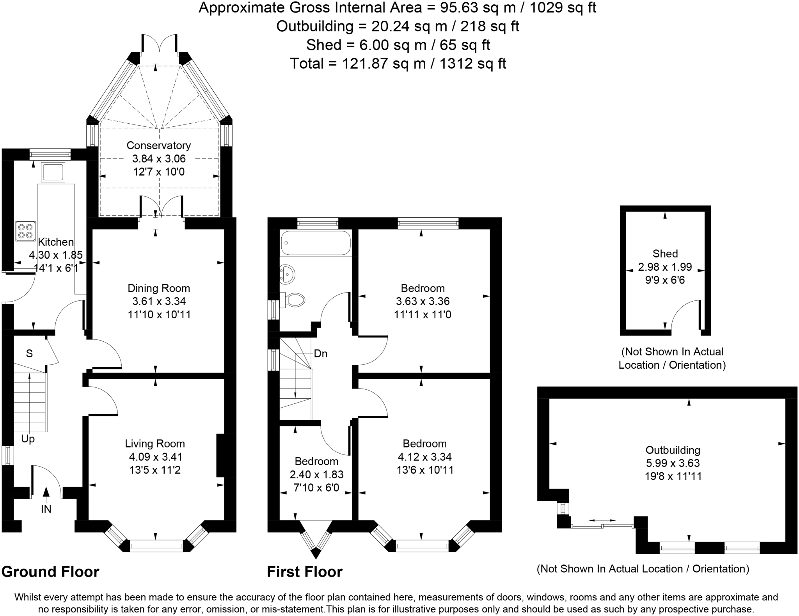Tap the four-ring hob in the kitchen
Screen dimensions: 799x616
click(x=25, y=231)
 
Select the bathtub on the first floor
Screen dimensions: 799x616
click(x=315, y=243)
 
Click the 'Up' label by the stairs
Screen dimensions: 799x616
click(x=28, y=439)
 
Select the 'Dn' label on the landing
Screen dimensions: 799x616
click(x=321, y=354)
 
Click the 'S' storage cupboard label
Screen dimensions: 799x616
click(x=29, y=353)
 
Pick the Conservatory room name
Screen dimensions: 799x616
click(x=159, y=146)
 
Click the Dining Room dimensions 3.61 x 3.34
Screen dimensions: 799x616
click(x=159, y=301)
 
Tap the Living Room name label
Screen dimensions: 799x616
click(x=155, y=444)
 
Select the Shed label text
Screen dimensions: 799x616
click(x=665, y=254)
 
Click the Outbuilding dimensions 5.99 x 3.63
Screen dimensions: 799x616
click(x=673, y=463)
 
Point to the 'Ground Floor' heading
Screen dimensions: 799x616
click(x=50, y=572)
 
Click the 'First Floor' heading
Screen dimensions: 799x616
click(x=305, y=572)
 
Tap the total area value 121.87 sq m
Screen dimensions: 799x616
click(x=384, y=63)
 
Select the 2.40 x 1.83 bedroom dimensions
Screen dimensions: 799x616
click(x=317, y=474)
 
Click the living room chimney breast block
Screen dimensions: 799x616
click(x=221, y=455)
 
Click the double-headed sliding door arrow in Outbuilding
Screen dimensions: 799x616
click(x=602, y=520)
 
